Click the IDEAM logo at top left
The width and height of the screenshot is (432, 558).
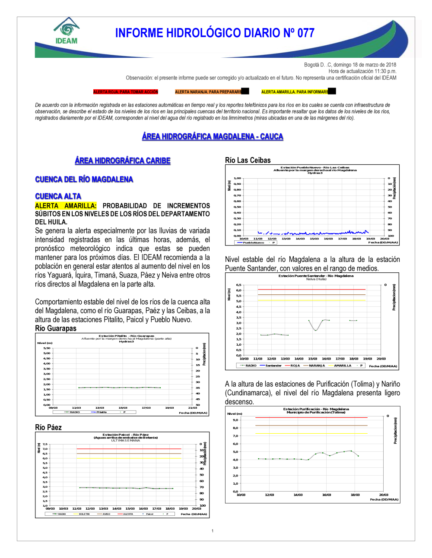coord(67,32)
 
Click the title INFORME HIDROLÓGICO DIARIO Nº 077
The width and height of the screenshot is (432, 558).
coord(215,33)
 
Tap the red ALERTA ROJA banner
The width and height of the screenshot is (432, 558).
coord(126,92)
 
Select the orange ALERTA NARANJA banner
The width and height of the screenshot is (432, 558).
coord(208,92)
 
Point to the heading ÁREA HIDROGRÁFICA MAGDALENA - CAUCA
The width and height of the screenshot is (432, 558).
coord(213,136)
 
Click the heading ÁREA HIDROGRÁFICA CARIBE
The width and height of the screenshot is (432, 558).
coord(123,161)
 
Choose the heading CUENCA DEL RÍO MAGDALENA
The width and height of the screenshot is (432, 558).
coord(84,180)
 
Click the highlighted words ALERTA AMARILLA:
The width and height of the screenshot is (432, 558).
coord(66,206)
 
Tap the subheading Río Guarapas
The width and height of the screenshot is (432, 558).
coord(56,328)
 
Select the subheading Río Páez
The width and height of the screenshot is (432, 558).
coord(48,427)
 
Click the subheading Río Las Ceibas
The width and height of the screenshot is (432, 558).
coord(248,160)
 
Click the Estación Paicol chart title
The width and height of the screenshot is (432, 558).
coord(126,435)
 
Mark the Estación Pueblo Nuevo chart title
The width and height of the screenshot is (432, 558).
coord(315,167)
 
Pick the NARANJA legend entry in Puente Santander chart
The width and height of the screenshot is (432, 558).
coord(316,366)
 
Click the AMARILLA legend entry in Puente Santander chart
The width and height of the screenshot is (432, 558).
coord(342,366)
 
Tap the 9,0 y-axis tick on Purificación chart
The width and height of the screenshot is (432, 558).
coord(235,420)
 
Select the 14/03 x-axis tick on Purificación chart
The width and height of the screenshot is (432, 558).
coord(298,495)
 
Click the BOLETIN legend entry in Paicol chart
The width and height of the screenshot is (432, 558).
coord(84,514)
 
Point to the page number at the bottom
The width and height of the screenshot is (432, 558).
coord(213,531)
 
